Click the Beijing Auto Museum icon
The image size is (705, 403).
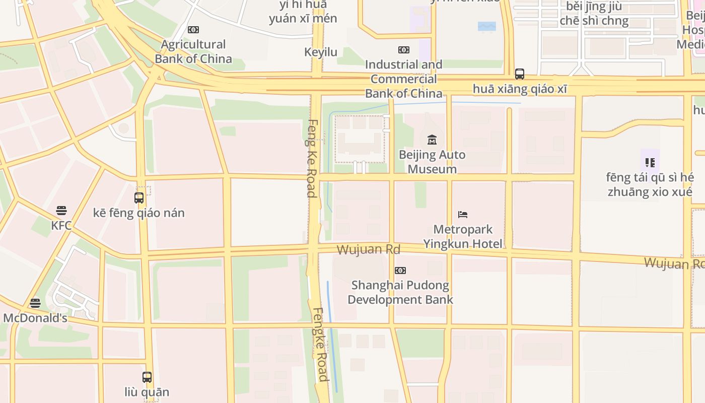pyautogui.click(x=432, y=140)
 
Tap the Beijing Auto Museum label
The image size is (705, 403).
pyautogui.click(x=432, y=162)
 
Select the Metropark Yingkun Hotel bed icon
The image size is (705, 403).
pyautogui.click(x=463, y=215)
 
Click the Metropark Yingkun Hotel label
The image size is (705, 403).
pyautogui.click(x=463, y=237)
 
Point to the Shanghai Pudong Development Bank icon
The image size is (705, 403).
pyautogui.click(x=400, y=271)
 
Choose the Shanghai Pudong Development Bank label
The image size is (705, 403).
pyautogui.click(x=400, y=292)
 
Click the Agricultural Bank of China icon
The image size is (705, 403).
pyautogui.click(x=193, y=30)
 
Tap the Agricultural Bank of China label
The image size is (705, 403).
pyautogui.click(x=193, y=51)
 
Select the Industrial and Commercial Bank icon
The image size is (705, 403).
pyautogui.click(x=404, y=50)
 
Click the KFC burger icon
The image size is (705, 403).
pyautogui.click(x=61, y=210)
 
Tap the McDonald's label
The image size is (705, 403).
pyautogui.click(x=35, y=318)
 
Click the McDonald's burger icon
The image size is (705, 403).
pyautogui.click(x=35, y=303)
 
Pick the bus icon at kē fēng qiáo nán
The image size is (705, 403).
pyautogui.click(x=139, y=198)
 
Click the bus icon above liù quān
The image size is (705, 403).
pyautogui.click(x=147, y=377)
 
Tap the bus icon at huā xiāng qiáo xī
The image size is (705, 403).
pyautogui.click(x=520, y=74)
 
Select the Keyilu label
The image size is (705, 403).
pyautogui.click(x=321, y=52)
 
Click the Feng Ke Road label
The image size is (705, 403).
pyautogui.click(x=312, y=158)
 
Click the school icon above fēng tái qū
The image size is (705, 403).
pyautogui.click(x=650, y=162)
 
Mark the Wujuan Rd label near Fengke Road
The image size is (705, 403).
pyautogui.click(x=368, y=249)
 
